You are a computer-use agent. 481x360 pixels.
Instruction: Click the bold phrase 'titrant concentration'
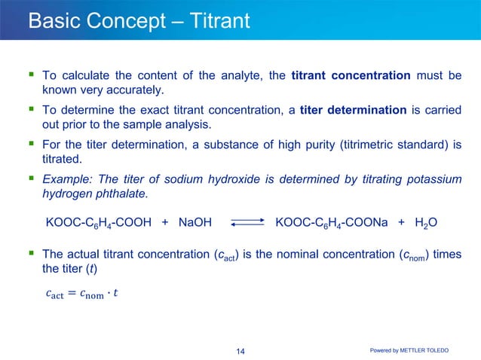351,76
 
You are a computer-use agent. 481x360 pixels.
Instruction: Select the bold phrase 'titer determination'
353,110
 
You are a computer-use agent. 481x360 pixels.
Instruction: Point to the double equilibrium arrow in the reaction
244,223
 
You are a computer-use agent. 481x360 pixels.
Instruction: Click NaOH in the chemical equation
195,223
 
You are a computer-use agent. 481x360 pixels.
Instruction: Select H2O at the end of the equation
428,223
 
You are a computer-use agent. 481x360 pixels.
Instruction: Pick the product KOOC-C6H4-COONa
332,223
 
